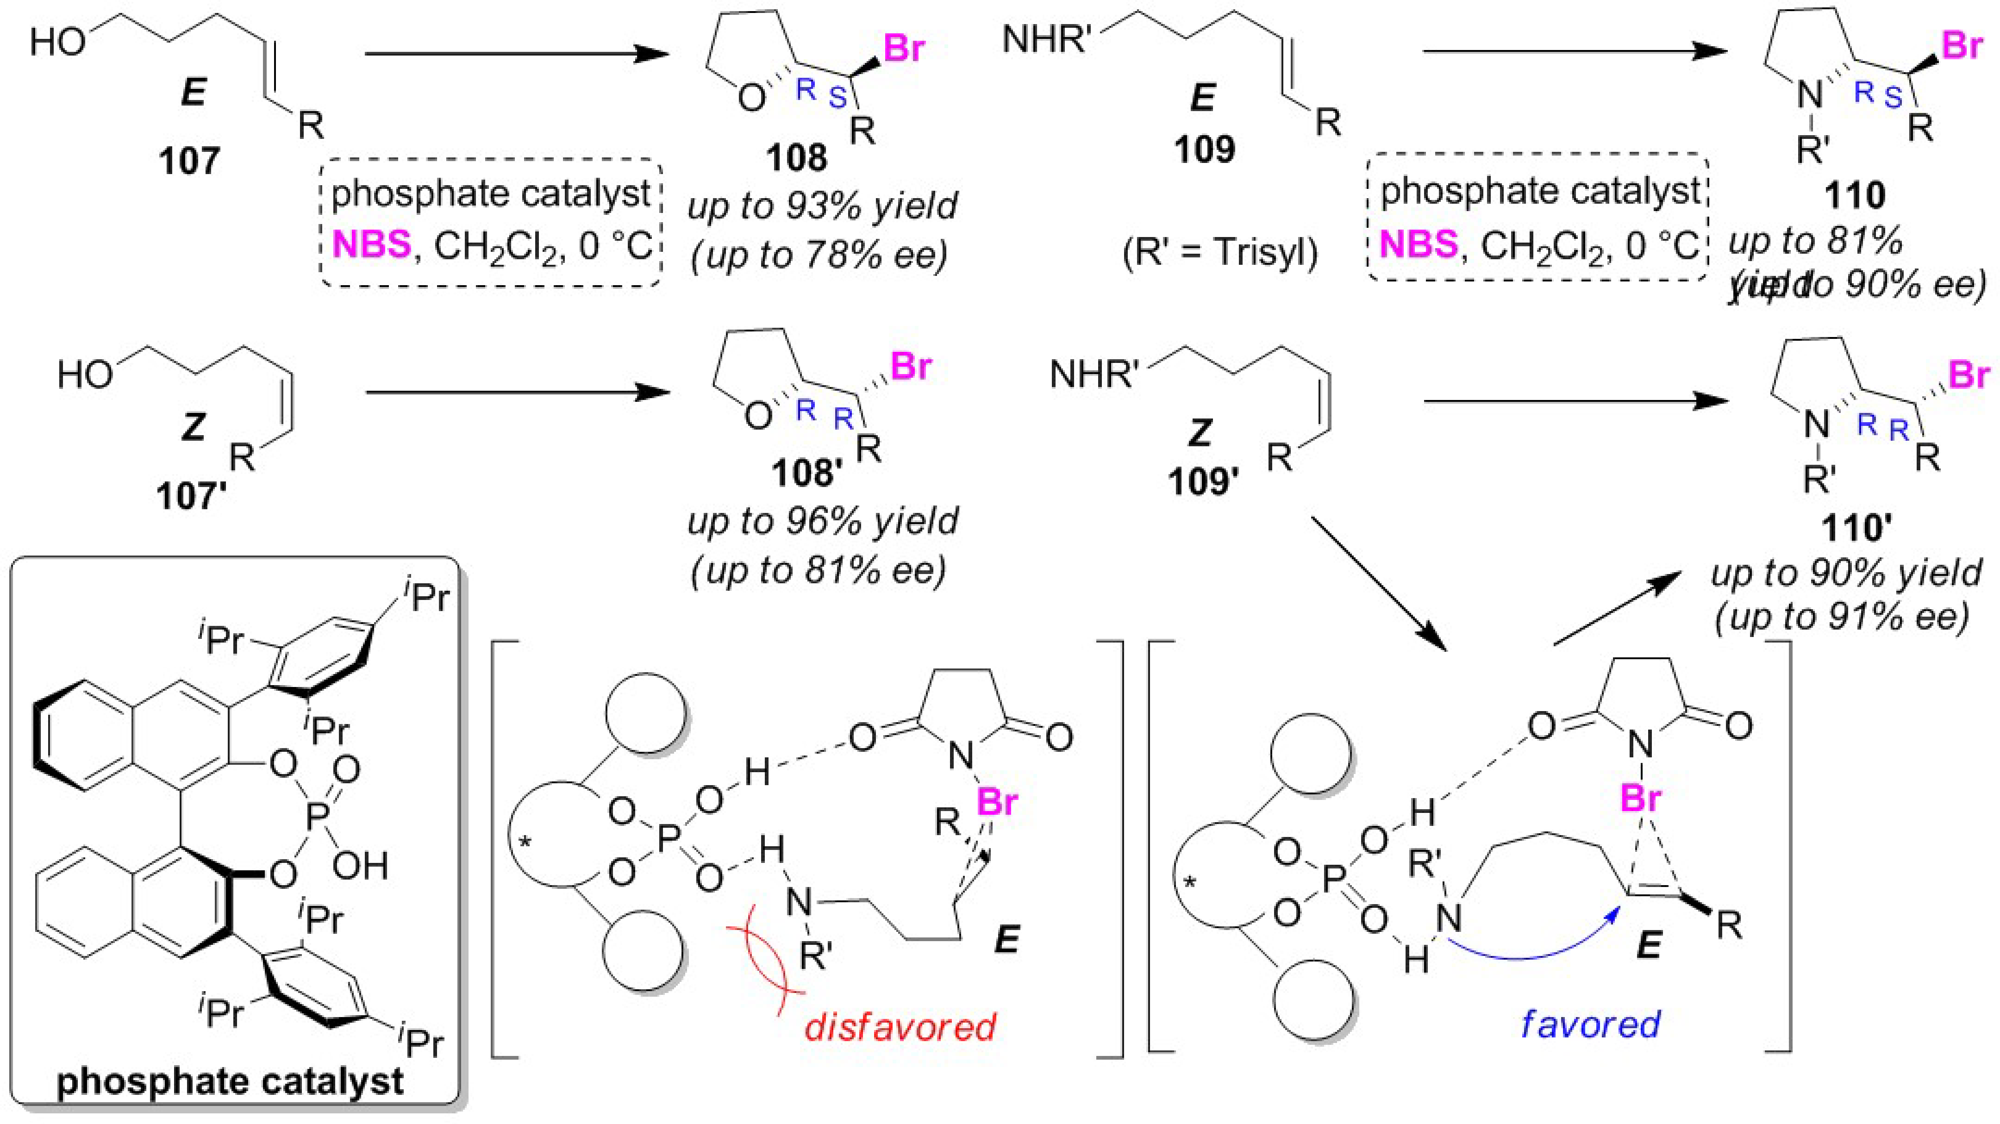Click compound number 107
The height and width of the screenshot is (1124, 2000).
pos(189,162)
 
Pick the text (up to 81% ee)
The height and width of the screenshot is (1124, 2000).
pos(819,570)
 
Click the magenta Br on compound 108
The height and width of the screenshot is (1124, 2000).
pos(905,48)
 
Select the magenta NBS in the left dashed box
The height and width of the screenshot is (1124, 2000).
pos(371,245)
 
